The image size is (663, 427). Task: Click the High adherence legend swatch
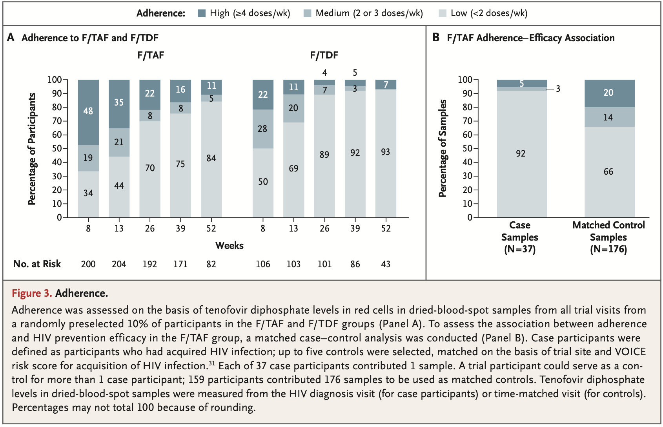(x=202, y=13)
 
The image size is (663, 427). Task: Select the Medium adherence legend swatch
(x=307, y=13)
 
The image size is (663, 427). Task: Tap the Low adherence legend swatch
(x=443, y=13)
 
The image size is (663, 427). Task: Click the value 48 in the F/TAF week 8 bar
(x=88, y=111)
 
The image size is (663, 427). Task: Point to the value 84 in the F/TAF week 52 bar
(x=211, y=158)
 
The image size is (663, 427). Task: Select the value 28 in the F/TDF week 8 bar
(x=262, y=129)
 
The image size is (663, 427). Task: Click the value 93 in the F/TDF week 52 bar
(x=385, y=152)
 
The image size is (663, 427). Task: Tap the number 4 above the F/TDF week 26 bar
(x=324, y=73)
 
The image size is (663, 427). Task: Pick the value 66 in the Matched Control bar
(x=608, y=172)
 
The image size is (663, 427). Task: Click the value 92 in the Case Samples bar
(x=521, y=153)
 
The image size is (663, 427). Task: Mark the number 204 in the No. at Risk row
(x=119, y=264)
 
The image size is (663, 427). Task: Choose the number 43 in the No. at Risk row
(x=386, y=264)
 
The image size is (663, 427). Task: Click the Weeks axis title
(x=229, y=246)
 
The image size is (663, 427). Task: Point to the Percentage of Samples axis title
(x=443, y=148)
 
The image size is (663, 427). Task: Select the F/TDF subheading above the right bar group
(x=324, y=55)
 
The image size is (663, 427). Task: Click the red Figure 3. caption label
(x=32, y=293)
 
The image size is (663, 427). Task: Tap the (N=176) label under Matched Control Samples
(x=608, y=249)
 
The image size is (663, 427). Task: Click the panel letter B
(x=436, y=38)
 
